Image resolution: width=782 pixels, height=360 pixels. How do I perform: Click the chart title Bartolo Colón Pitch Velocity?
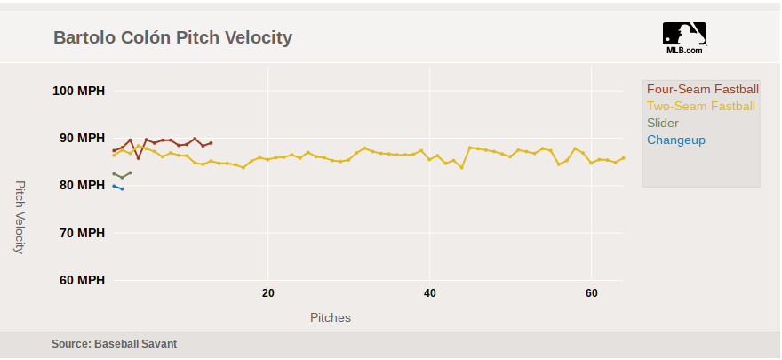172,37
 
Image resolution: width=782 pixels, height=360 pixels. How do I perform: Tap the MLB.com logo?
684,37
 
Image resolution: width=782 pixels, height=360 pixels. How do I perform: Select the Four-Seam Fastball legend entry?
702,90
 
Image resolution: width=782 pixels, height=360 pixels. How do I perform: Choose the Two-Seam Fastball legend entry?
700,107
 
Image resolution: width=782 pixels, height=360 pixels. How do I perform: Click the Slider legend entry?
662,124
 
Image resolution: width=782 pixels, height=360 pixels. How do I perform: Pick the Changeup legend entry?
675,140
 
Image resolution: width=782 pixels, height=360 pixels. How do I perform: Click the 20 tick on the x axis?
267,294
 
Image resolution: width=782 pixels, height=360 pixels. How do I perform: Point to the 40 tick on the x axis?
430,294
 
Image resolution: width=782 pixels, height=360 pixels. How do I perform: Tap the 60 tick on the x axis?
592,294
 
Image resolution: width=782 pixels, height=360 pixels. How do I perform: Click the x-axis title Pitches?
330,317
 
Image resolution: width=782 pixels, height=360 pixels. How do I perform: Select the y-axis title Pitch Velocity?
20,217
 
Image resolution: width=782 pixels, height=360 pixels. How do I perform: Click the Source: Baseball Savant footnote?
120,343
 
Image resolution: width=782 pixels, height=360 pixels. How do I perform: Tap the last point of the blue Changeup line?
122,188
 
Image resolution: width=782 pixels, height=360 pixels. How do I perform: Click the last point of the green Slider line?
130,172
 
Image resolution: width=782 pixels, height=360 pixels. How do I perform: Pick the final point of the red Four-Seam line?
211,143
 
